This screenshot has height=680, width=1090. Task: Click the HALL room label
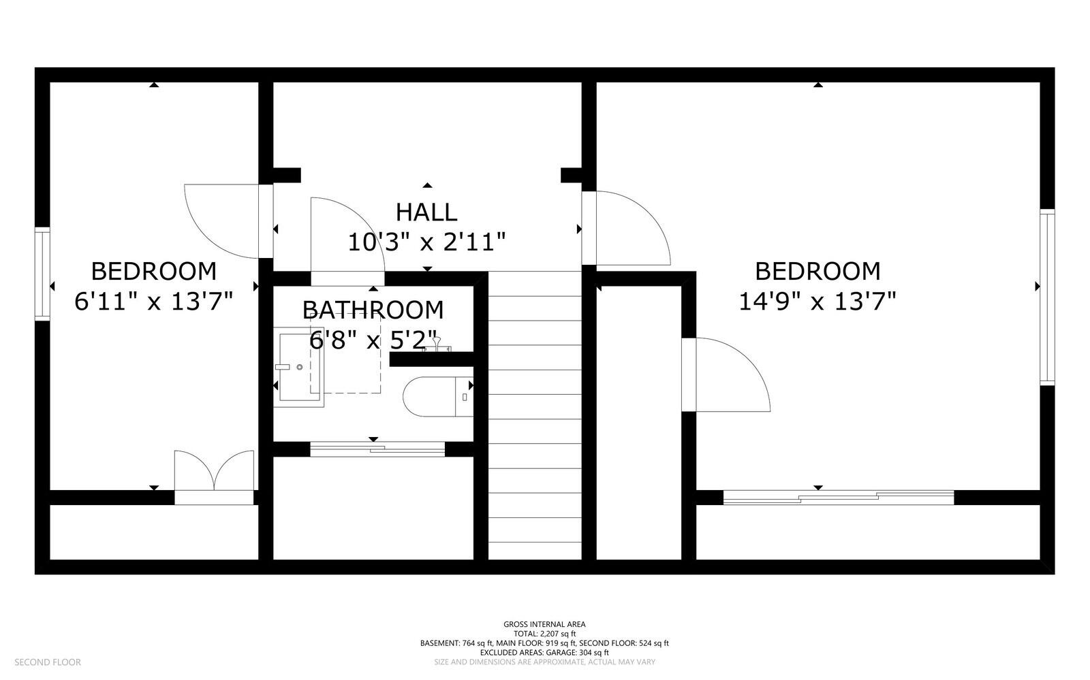pos(426,212)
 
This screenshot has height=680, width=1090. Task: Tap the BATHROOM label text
pos(373,310)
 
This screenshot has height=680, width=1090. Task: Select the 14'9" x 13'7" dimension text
pos(817,301)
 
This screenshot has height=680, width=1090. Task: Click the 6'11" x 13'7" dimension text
pos(154,301)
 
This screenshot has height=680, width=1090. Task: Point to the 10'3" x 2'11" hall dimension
pos(426,242)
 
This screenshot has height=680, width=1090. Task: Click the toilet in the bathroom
pos(436,397)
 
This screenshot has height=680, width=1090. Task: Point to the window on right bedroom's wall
pos(1047,297)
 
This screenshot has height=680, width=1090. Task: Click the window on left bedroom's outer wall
pos(42,274)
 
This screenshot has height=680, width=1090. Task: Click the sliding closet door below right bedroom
pos(838,498)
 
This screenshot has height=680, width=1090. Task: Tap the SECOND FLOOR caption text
pos(48,662)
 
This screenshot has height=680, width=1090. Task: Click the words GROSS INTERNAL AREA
pos(544,624)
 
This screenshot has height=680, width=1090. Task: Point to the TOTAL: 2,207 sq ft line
pos(544,633)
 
